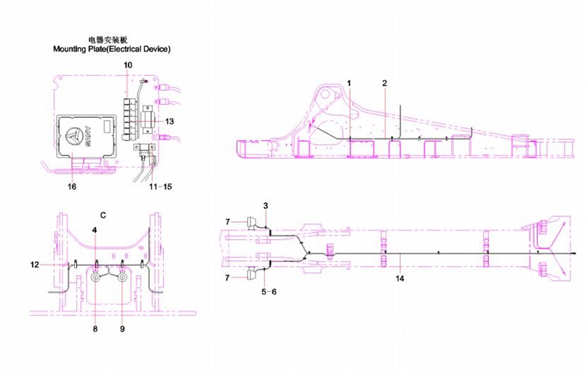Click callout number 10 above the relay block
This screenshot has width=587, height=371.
(128, 65)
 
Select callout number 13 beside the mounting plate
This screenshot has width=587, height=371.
(169, 122)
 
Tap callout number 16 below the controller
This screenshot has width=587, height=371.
(71, 186)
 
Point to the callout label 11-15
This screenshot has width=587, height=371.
(160, 186)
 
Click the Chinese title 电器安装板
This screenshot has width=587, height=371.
(108, 40)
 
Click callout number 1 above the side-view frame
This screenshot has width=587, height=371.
(349, 83)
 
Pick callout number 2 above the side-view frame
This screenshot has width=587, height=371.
(385, 83)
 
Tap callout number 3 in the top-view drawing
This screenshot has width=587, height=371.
(265, 206)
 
